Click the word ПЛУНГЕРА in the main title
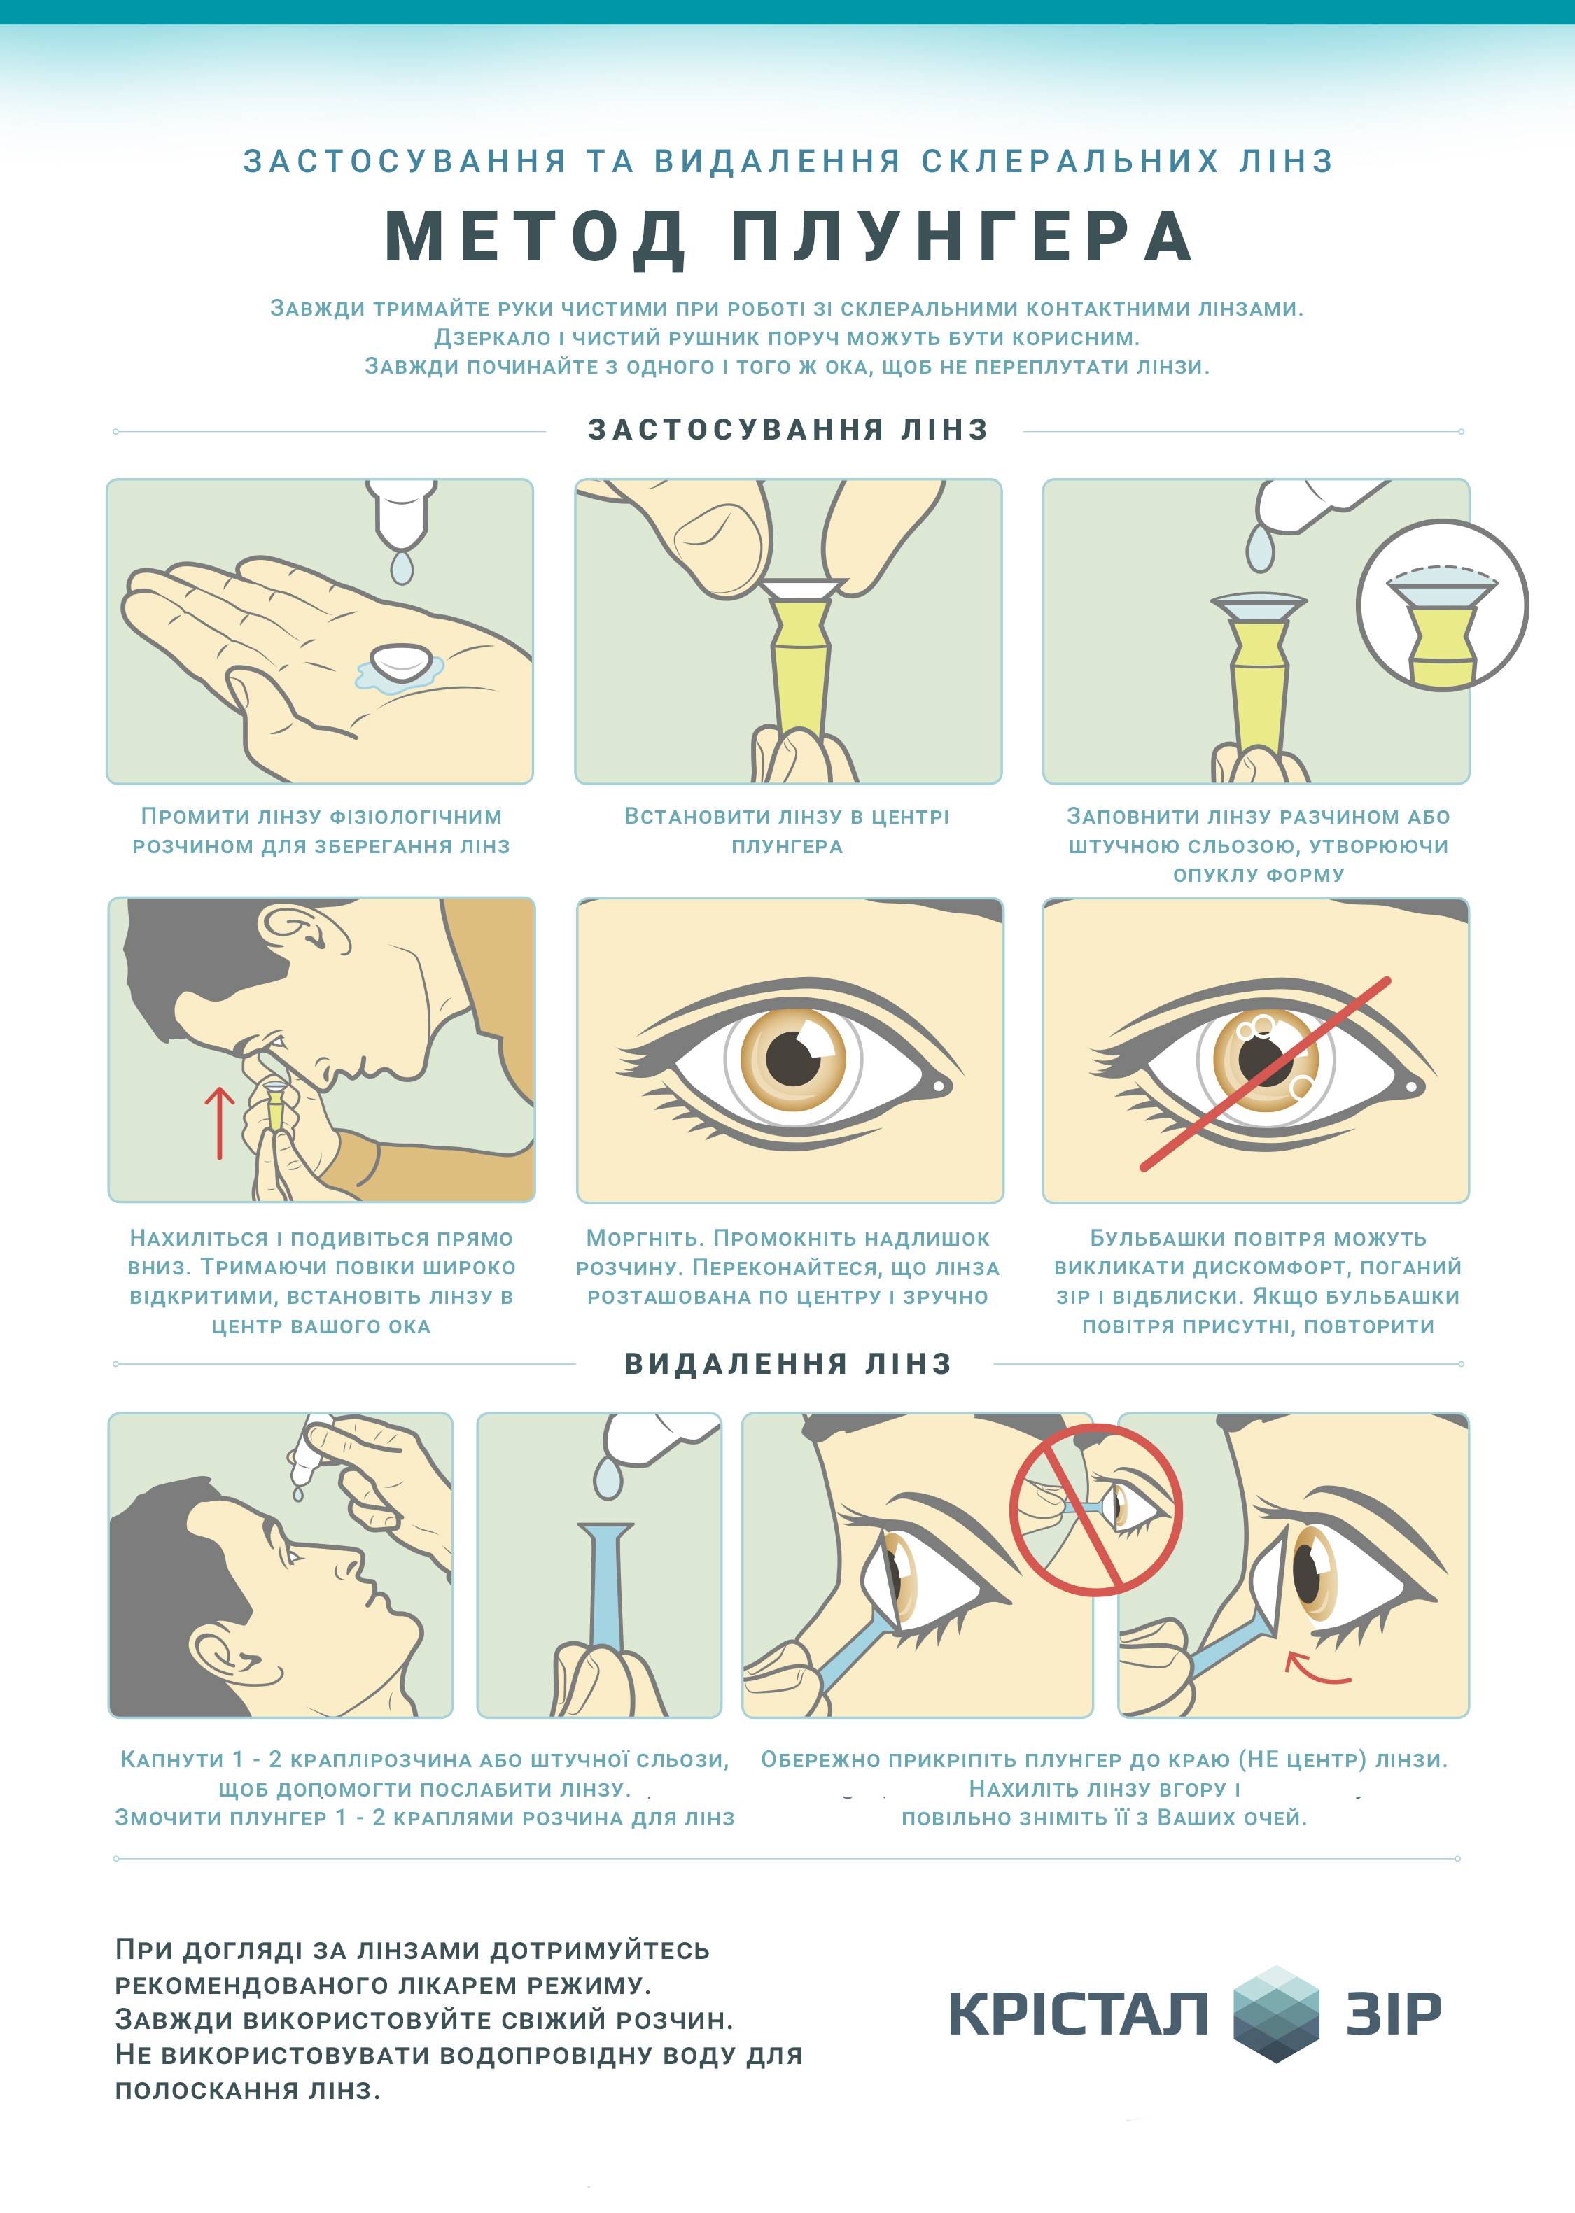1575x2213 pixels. click(x=962, y=237)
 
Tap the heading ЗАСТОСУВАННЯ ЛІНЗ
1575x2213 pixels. click(x=787, y=430)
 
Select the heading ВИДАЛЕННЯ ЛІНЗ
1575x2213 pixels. click(x=787, y=1363)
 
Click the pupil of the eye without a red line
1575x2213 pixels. click(x=793, y=1058)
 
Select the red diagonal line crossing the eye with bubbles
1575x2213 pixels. click(x=1265, y=1074)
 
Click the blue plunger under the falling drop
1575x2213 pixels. click(x=606, y=1587)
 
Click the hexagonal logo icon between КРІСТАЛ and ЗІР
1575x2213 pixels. click(x=1276, y=2014)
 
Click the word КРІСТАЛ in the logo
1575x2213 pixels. click(x=1079, y=2014)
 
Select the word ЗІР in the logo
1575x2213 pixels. click(x=1394, y=2014)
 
